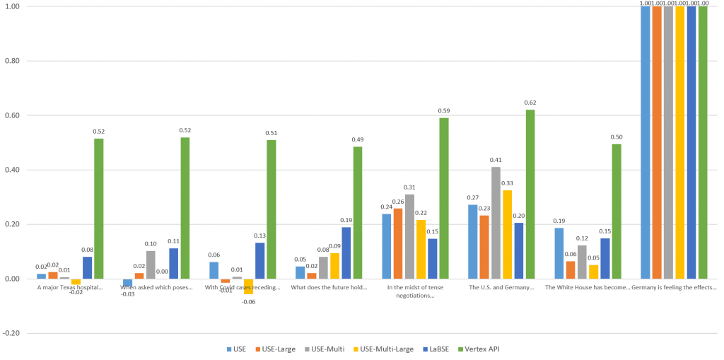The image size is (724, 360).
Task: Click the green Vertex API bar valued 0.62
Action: click(x=530, y=194)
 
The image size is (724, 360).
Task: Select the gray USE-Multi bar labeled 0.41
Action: click(x=496, y=222)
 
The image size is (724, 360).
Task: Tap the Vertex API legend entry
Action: click(x=479, y=349)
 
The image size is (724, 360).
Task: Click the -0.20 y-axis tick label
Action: click(x=13, y=333)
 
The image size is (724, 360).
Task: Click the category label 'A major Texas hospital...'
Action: click(x=70, y=288)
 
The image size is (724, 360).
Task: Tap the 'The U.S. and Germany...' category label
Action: click(x=501, y=288)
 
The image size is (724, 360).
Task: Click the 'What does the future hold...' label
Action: click(x=329, y=288)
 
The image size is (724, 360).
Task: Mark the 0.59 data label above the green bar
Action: click(x=444, y=110)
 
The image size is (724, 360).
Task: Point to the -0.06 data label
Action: click(x=248, y=301)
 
